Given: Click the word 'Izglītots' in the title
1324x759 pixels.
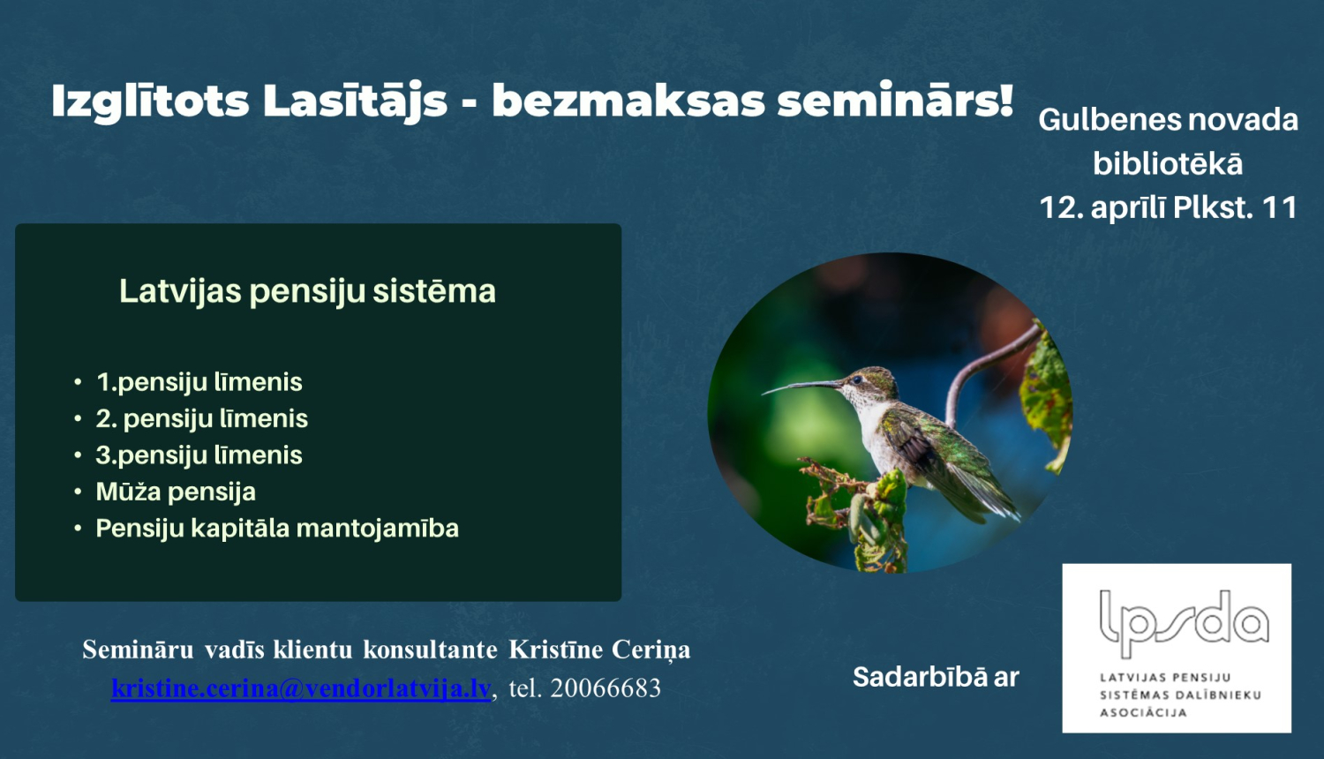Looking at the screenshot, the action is pyautogui.click(x=150, y=101).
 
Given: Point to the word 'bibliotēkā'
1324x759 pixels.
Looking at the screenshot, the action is pyautogui.click(x=1168, y=163).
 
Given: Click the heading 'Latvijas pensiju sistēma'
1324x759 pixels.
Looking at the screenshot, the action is pyautogui.click(x=307, y=291).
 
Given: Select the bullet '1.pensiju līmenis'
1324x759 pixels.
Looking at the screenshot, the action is pyautogui.click(x=199, y=382).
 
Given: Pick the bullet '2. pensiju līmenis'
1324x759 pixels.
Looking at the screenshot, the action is pyautogui.click(x=201, y=418).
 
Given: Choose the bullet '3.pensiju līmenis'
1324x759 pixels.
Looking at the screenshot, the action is pyautogui.click(x=199, y=455).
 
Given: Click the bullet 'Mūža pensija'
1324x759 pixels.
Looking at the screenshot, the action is pyautogui.click(x=176, y=492).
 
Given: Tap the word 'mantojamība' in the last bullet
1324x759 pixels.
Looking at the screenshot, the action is pyautogui.click(x=378, y=529).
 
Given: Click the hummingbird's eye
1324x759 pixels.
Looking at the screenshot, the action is pyautogui.click(x=856, y=379).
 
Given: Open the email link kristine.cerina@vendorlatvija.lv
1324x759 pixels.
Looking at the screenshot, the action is pyautogui.click(x=301, y=688).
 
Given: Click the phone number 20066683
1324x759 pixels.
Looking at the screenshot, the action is pyautogui.click(x=606, y=688).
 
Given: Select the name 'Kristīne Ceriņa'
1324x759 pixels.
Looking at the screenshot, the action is pyautogui.click(x=599, y=650).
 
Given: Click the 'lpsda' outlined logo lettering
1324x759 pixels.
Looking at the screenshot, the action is pyautogui.click(x=1184, y=623).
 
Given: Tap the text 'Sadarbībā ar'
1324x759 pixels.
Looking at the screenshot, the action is pyautogui.click(x=936, y=678).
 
